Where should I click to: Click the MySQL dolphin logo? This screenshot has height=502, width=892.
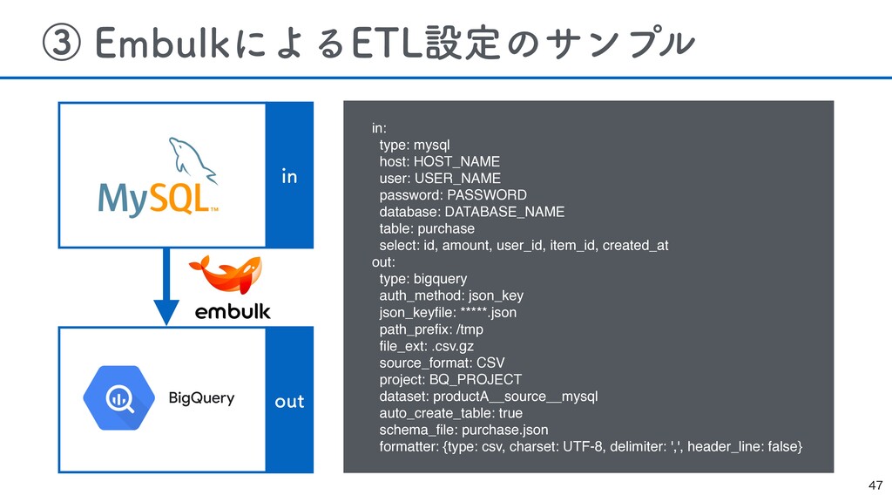tap(193, 160)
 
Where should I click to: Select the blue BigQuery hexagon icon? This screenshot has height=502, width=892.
tap(118, 397)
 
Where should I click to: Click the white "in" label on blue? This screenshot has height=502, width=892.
tap(289, 176)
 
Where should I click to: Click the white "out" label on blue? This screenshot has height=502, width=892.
tap(289, 401)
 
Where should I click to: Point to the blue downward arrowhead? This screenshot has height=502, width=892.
tap(166, 312)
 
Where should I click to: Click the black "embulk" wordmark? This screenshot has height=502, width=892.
tap(233, 311)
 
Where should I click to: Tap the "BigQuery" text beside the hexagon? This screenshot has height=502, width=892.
tap(201, 397)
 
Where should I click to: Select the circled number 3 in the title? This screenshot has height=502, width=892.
tap(62, 43)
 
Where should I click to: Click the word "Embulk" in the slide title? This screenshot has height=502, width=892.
tap(161, 43)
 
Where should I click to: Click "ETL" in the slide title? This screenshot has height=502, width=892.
tap(388, 43)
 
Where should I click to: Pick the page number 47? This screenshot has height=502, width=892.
tap(875, 485)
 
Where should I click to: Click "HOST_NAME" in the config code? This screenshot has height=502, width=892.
tap(456, 161)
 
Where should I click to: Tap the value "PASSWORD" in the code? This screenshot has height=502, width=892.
tap(487, 195)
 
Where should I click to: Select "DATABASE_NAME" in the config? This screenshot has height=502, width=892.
tap(504, 212)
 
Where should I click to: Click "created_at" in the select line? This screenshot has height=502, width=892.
tap(635, 245)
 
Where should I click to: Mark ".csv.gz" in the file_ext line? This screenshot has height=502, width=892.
tap(452, 347)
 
